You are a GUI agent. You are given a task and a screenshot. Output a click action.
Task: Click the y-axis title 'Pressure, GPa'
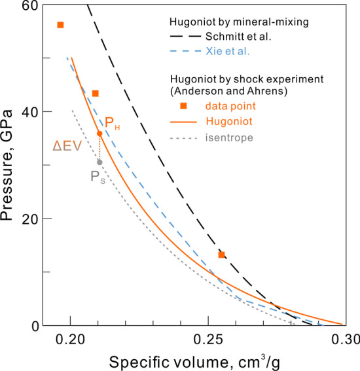[10, 165]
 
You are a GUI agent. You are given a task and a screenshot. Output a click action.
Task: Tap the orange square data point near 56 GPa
[60, 25]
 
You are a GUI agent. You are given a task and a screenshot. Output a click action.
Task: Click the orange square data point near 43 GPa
[96, 94]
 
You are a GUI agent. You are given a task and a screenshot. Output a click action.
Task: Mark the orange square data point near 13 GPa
[222, 255]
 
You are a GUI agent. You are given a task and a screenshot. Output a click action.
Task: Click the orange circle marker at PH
[99, 133]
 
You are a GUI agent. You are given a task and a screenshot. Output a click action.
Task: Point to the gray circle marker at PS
[99, 162]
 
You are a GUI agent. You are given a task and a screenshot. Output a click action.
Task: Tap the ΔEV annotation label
[67, 147]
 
